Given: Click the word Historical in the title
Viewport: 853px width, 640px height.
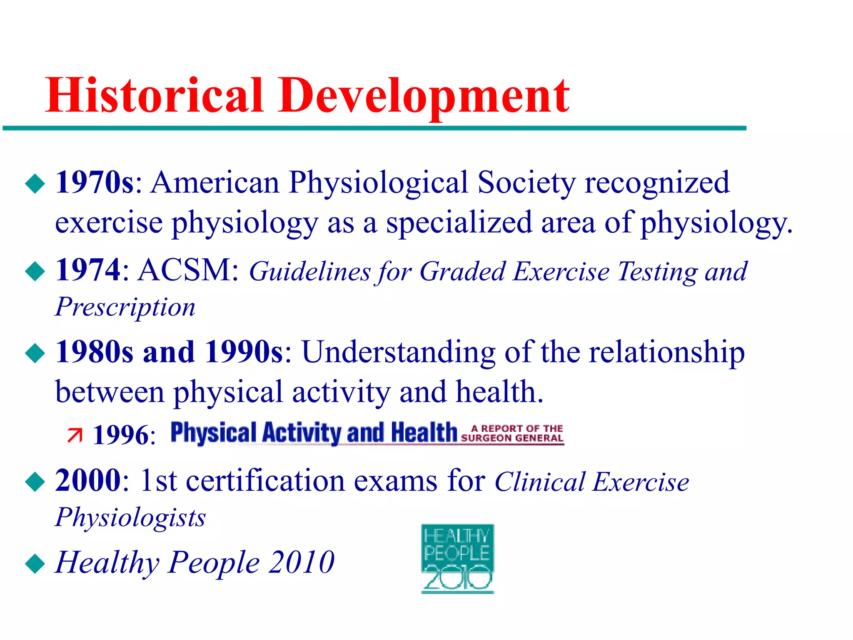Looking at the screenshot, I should [154, 96].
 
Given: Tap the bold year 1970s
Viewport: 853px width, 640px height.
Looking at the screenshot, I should [95, 182].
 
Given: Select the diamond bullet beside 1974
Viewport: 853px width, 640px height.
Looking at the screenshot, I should [35, 271].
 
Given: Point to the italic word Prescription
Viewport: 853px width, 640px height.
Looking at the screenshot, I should [125, 307].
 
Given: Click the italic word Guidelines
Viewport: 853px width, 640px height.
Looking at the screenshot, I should [309, 272].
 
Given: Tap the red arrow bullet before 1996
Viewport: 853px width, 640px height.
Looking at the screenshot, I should [75, 435].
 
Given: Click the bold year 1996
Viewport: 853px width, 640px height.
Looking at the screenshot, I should [120, 435].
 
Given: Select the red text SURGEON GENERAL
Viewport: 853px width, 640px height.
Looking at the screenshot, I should [512, 438].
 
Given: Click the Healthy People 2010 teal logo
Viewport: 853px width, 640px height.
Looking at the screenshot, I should [457, 558].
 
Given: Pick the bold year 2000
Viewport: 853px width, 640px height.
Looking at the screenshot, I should [88, 480].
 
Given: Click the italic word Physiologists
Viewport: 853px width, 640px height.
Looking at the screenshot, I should [130, 518].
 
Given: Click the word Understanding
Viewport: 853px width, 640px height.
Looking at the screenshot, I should [398, 352].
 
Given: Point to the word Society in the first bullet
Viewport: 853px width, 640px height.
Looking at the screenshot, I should [526, 182].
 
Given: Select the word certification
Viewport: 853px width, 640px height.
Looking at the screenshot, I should [265, 481].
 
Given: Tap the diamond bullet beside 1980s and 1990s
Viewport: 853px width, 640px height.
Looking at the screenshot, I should [35, 353].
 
